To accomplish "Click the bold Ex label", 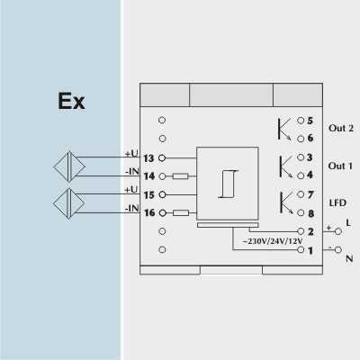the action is pyautogui.click(x=71, y=101).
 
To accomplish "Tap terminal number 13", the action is pyautogui.click(x=148, y=158).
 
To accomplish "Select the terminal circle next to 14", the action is pyautogui.click(x=162, y=176).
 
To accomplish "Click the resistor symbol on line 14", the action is pyautogui.click(x=181, y=176).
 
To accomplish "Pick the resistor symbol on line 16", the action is pyautogui.click(x=181, y=213).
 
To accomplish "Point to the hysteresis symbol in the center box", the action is pyautogui.click(x=228, y=184).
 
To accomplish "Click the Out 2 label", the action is pyautogui.click(x=341, y=128).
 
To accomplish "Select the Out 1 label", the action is pyautogui.click(x=340, y=166).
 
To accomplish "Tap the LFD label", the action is pyautogui.click(x=337, y=203).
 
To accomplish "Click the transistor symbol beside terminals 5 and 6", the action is pyautogui.click(x=283, y=129).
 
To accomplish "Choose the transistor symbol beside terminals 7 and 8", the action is pyautogui.click(x=286, y=203).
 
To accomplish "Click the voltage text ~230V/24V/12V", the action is pyautogui.click(x=272, y=241).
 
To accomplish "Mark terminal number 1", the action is pyautogui.click(x=310, y=250).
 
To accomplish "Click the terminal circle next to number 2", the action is pyautogui.click(x=301, y=231).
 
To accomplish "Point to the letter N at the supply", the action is pyautogui.click(x=349, y=258).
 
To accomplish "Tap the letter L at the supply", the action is pyautogui.click(x=348, y=223).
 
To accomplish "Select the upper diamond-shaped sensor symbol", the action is pyautogui.click(x=69, y=166).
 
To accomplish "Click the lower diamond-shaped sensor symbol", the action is pyautogui.click(x=69, y=203).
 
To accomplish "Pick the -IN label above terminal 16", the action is pyautogui.click(x=132, y=208).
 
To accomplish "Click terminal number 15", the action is pyautogui.click(x=149, y=195).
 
